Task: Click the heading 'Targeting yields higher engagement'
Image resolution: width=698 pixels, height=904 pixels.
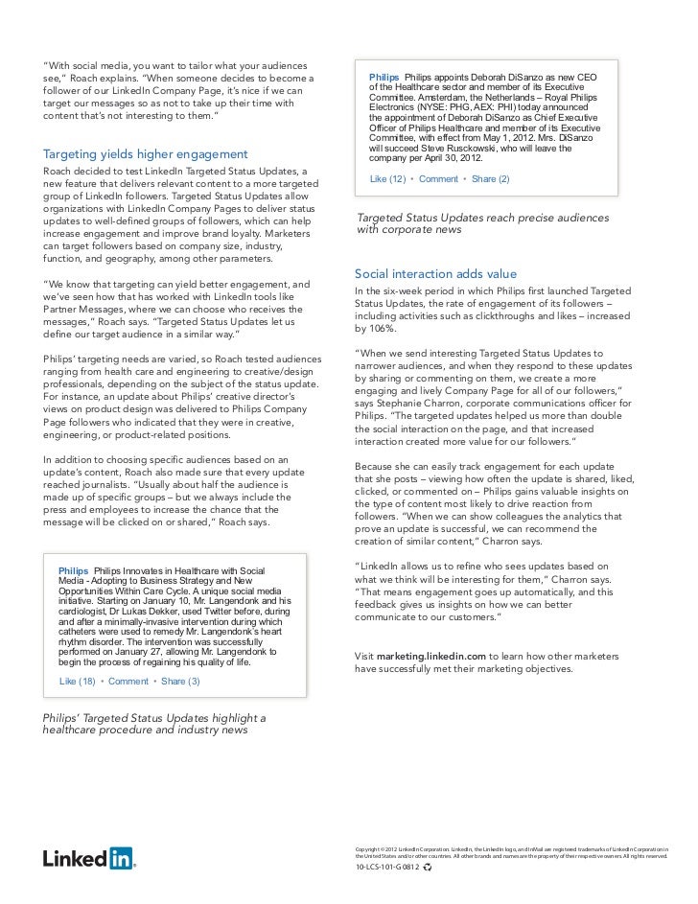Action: (x=146, y=154)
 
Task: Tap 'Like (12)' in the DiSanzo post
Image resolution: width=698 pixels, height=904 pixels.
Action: (x=388, y=179)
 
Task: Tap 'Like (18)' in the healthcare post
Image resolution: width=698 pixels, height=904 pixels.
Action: (x=78, y=682)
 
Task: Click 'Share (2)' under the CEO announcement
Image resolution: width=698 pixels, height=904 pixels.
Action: (x=490, y=179)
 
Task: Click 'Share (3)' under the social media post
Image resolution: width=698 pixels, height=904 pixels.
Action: (x=180, y=682)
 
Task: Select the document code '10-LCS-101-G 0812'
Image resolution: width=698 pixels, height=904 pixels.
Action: (x=385, y=866)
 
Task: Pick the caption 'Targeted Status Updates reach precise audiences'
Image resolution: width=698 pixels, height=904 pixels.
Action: (x=481, y=218)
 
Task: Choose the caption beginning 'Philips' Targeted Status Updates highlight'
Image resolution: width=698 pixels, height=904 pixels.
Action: (x=153, y=717)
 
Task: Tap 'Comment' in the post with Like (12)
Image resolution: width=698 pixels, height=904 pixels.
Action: (x=439, y=179)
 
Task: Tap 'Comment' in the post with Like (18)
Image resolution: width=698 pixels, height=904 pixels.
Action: (x=128, y=682)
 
